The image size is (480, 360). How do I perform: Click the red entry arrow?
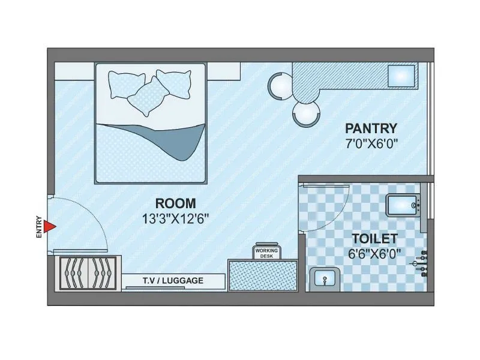[51, 226]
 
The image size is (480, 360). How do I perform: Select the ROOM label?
[175, 203]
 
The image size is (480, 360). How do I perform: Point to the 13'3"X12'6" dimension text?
[175, 220]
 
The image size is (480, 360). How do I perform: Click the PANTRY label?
[371, 128]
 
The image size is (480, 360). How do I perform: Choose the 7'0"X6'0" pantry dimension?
[371, 144]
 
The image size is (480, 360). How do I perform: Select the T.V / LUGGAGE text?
[173, 280]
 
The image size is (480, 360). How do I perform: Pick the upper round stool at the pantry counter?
[280, 85]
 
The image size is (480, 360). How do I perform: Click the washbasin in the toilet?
[325, 279]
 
